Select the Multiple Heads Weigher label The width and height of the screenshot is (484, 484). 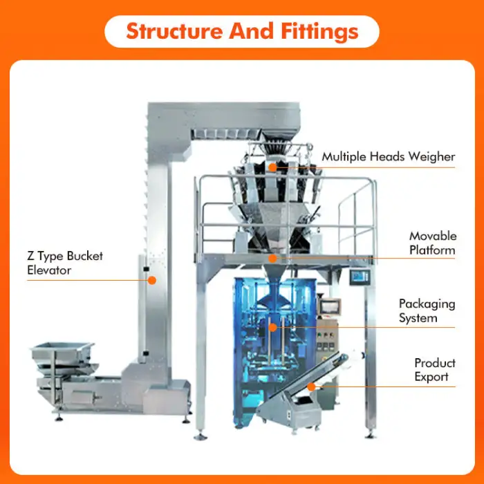pos(388,157)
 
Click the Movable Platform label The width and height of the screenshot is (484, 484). pos(432,243)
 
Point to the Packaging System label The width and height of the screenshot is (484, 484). pos(427,311)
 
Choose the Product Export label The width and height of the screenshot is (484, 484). pos(435,370)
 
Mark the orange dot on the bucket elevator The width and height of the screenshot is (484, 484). pos(152,280)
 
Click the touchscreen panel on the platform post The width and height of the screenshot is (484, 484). pos(358,277)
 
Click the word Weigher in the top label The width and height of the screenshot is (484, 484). pos(431,157)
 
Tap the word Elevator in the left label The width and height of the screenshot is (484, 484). pos(49,270)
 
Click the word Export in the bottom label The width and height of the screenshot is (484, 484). pos(432,377)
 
